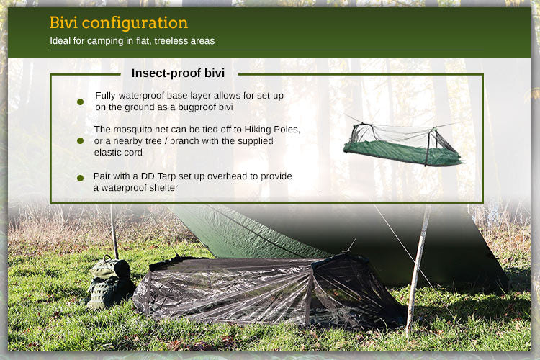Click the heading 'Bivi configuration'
click(x=118, y=22)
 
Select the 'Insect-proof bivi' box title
click(x=178, y=73)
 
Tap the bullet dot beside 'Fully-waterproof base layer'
click(x=81, y=102)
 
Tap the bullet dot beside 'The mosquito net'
click(x=81, y=140)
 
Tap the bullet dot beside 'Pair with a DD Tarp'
click(x=81, y=178)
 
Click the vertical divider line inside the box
click(x=320, y=138)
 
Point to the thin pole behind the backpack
click(x=114, y=234)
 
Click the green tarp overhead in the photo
click(x=302, y=230)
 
